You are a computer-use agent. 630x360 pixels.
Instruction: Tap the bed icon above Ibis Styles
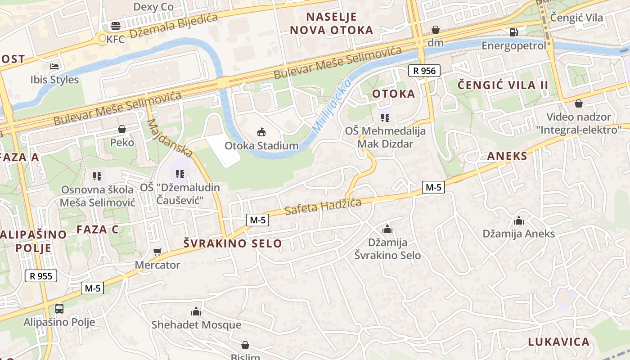pyautogui.click(x=54, y=67)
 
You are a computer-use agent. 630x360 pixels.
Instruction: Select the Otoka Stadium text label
pyautogui.click(x=261, y=146)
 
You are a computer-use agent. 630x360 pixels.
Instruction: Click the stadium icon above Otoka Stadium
pyautogui.click(x=261, y=132)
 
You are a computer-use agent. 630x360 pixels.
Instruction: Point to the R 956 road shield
pyautogui.click(x=424, y=71)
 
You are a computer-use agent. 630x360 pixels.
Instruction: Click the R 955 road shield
pyautogui.click(x=41, y=276)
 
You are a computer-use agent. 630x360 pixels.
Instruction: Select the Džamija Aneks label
pyautogui.click(x=518, y=234)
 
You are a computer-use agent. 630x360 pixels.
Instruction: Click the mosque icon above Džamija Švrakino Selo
pyautogui.click(x=387, y=229)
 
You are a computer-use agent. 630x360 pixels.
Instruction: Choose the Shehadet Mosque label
pyautogui.click(x=196, y=324)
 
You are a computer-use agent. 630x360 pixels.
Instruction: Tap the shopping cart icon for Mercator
pyautogui.click(x=157, y=252)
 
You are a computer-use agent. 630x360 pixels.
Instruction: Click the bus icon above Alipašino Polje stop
pyautogui.click(x=59, y=309)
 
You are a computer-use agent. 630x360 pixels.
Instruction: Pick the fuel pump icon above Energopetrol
pyautogui.click(x=513, y=32)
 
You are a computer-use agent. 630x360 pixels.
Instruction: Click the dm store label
pyautogui.click(x=435, y=43)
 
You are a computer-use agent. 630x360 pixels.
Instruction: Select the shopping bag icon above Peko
pyautogui.click(x=122, y=130)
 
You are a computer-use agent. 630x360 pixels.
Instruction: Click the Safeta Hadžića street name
pyautogui.click(x=323, y=206)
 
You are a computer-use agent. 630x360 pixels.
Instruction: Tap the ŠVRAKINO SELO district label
pyautogui.click(x=233, y=243)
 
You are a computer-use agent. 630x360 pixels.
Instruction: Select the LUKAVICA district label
pyautogui.click(x=558, y=342)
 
